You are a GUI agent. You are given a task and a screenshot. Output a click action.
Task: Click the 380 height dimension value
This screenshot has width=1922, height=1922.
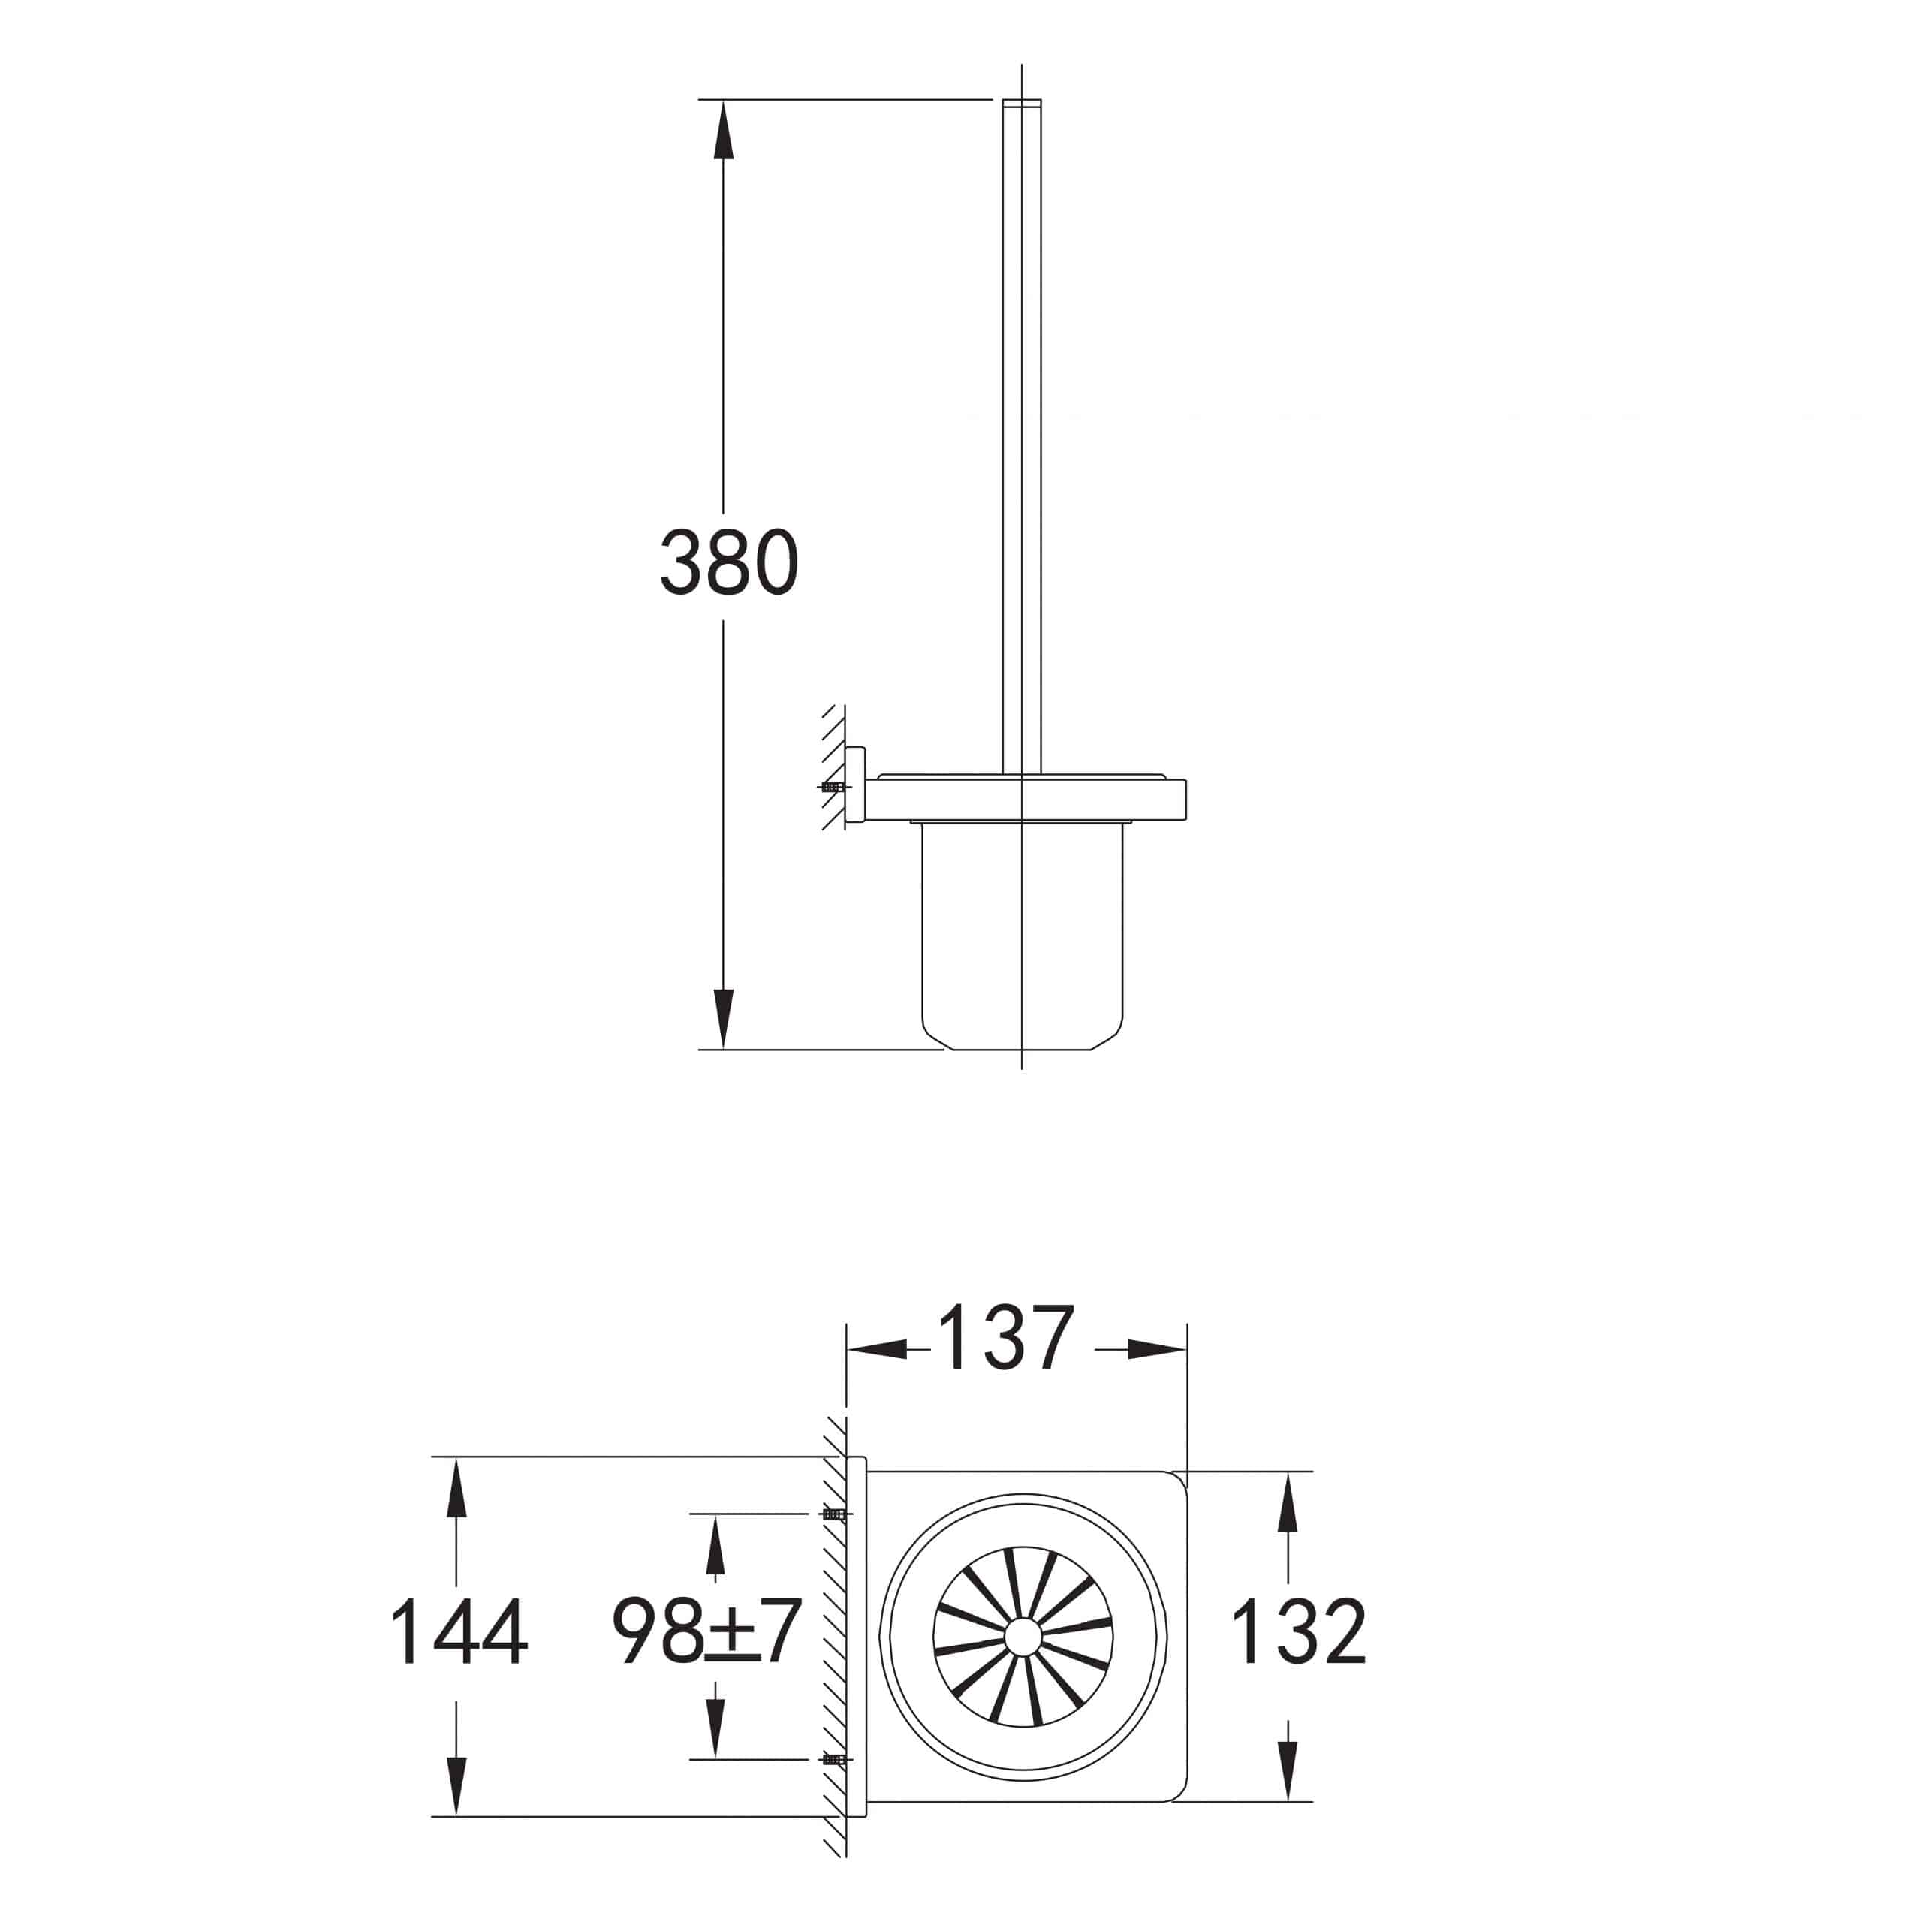(x=729, y=563)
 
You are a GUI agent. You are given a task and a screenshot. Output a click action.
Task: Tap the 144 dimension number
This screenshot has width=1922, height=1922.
(x=459, y=1632)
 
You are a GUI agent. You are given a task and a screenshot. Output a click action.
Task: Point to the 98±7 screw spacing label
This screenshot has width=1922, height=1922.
(x=706, y=1632)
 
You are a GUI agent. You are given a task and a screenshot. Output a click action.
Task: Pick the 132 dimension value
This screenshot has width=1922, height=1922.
(x=1298, y=1632)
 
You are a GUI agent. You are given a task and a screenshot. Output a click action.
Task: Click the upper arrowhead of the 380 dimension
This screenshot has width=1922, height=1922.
(x=723, y=129)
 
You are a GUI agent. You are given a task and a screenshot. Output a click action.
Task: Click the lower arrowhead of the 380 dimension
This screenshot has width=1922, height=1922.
(x=723, y=1019)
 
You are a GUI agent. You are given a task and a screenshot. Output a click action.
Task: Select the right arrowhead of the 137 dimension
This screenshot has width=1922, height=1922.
(x=1157, y=1350)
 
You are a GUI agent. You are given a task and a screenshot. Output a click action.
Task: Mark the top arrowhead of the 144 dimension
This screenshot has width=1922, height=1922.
(x=456, y=1487)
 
